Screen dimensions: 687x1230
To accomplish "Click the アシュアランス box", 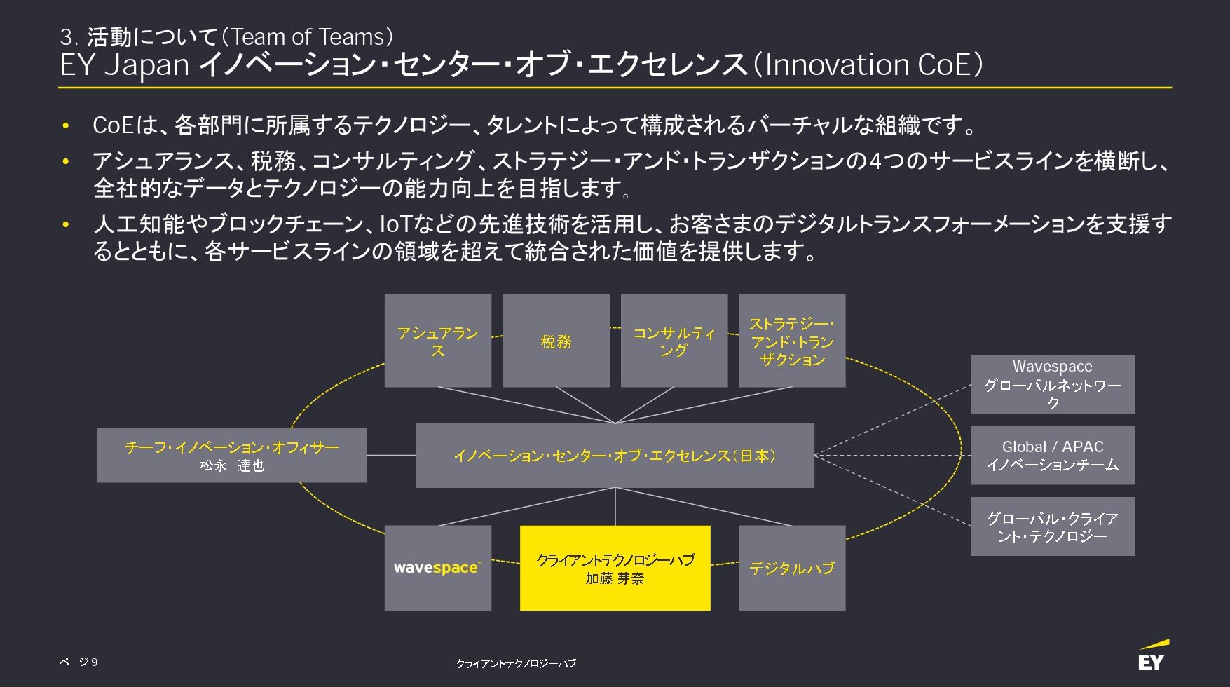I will (x=437, y=341).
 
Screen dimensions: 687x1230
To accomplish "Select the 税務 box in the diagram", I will (x=556, y=341).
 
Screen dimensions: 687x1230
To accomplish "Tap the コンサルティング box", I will (x=674, y=341).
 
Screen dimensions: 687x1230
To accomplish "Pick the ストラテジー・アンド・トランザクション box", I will (x=792, y=341).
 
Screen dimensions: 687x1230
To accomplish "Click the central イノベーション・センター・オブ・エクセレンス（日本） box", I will (x=615, y=456).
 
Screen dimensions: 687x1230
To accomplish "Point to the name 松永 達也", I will (x=231, y=465).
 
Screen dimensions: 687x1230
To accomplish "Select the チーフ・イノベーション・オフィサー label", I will (x=231, y=447).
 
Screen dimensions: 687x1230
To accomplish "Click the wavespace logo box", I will (x=437, y=568).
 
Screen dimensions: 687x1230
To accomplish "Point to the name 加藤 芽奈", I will (x=615, y=579).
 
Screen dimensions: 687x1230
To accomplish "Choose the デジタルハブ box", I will (x=792, y=568).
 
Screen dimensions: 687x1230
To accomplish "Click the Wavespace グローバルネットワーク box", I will (x=1052, y=384).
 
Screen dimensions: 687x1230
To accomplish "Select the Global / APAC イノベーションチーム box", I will (x=1052, y=456).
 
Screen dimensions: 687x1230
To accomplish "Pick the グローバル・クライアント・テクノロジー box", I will (x=1052, y=527).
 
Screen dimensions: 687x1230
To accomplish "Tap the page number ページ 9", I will (x=78, y=662).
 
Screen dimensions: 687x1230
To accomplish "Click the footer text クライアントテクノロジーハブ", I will (x=516, y=663).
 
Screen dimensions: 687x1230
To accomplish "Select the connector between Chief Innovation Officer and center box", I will (x=391, y=456).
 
